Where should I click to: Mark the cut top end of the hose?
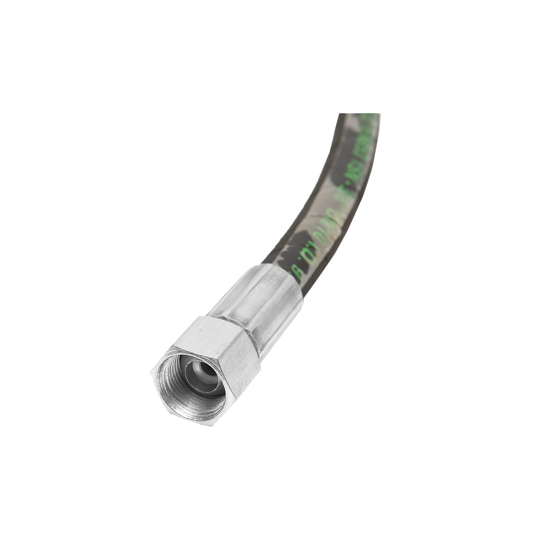[x=359, y=115]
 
